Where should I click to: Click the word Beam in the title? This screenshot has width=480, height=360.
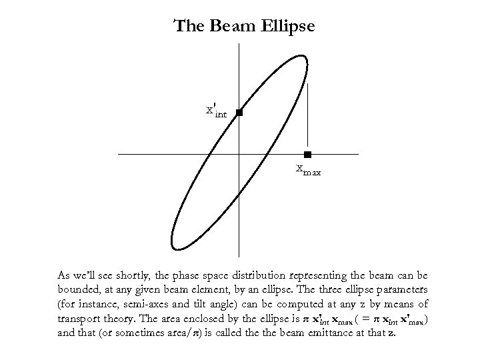tap(228, 27)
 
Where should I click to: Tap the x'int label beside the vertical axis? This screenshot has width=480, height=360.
tap(217, 111)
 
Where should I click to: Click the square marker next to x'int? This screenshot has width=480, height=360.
tap(239, 113)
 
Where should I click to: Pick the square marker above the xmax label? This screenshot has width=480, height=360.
tap(307, 155)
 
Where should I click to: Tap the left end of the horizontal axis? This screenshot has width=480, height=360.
tap(119, 155)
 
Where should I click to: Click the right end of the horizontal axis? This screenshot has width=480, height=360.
tap(358, 155)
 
